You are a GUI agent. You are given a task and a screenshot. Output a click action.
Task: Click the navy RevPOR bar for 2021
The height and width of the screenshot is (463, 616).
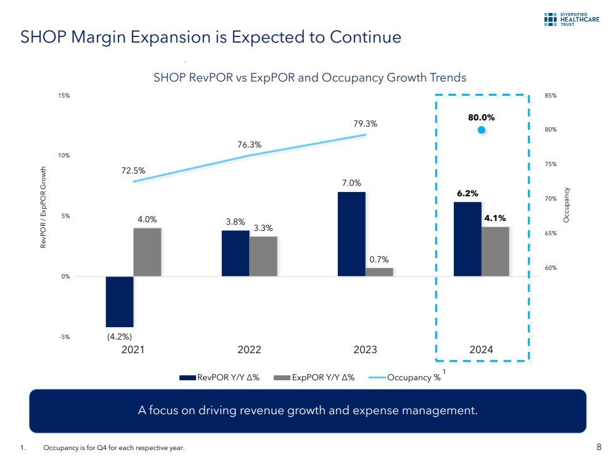coord(120,301)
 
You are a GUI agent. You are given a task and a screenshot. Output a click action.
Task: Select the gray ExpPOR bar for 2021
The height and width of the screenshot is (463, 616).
coord(147,252)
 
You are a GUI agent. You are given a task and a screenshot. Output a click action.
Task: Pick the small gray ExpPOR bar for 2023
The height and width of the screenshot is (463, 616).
coord(379,272)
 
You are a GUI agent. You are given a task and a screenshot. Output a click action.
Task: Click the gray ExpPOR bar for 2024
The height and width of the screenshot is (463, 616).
coord(495,251)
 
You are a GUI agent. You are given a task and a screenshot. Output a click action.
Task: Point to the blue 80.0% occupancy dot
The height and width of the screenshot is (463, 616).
coord(482,130)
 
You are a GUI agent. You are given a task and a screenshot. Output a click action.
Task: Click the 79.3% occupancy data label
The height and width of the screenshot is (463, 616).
coord(366,124)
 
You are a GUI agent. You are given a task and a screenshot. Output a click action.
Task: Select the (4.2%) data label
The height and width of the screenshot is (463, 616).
coord(119,337)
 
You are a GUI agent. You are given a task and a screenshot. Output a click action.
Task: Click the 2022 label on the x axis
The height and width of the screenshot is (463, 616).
coord(249,350)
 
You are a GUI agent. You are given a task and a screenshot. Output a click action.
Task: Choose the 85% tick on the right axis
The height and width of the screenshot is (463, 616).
coord(551,96)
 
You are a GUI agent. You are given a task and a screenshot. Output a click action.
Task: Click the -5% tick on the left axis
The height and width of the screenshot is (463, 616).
coord(65,337)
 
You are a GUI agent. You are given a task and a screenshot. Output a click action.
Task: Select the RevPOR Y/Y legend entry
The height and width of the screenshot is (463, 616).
coord(220,378)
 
